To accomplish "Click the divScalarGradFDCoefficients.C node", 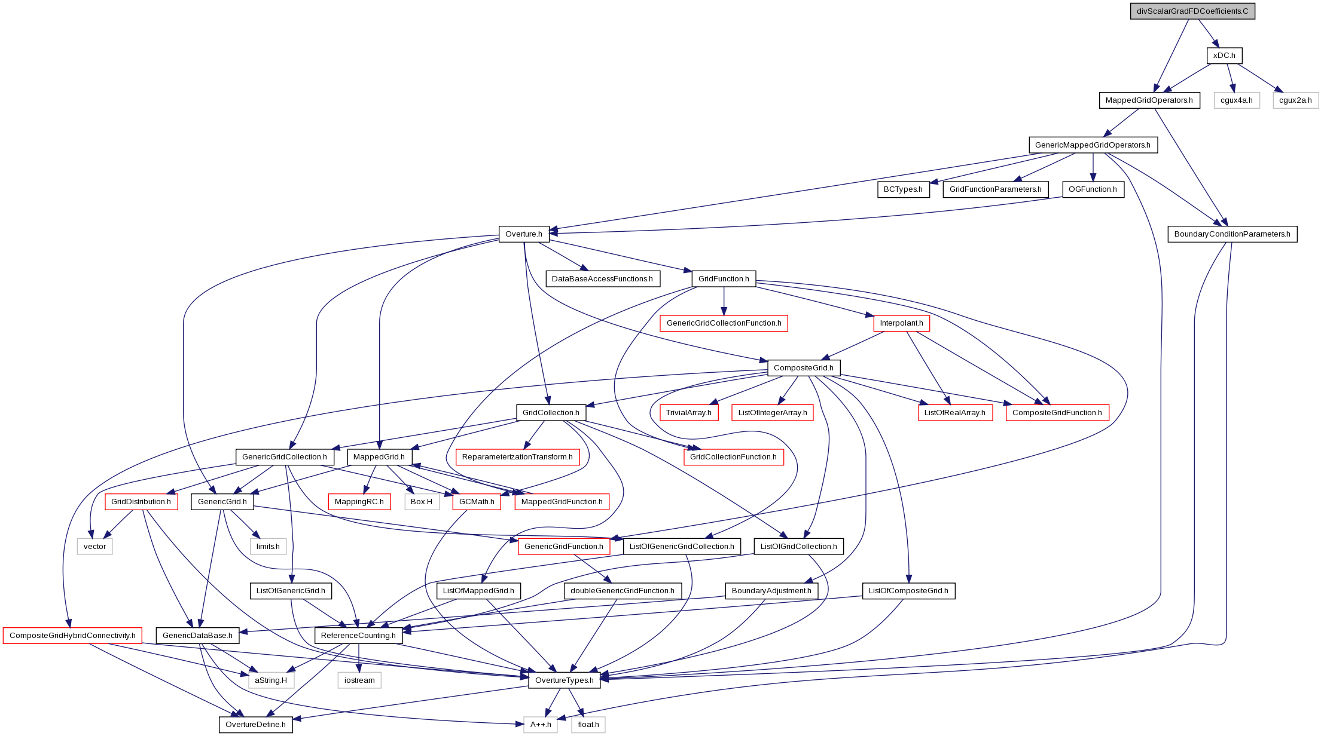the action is [x=1192, y=11].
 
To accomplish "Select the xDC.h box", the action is [x=1224, y=56].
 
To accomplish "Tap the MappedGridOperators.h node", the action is [x=1149, y=100].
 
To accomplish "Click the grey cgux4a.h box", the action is [x=1236, y=100].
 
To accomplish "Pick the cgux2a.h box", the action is [x=1295, y=100].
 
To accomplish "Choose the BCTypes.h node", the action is [x=903, y=189].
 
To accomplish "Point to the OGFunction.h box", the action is [x=1093, y=189].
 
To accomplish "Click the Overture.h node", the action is [x=524, y=234].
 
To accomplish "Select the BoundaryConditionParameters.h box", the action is [x=1232, y=234].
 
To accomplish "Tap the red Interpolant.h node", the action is [x=901, y=323].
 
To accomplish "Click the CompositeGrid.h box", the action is [x=804, y=368].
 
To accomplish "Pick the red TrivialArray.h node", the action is [x=688, y=413].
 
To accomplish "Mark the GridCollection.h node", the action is [x=551, y=413].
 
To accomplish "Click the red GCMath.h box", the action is [x=477, y=502].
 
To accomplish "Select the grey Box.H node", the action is [x=422, y=502].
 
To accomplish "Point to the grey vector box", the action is [x=94, y=547].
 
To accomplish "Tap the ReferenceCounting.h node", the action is [x=358, y=636].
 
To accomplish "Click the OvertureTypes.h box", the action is [x=565, y=680].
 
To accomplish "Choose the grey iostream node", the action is [x=359, y=680].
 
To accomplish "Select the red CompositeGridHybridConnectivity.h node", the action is [x=72, y=636].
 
